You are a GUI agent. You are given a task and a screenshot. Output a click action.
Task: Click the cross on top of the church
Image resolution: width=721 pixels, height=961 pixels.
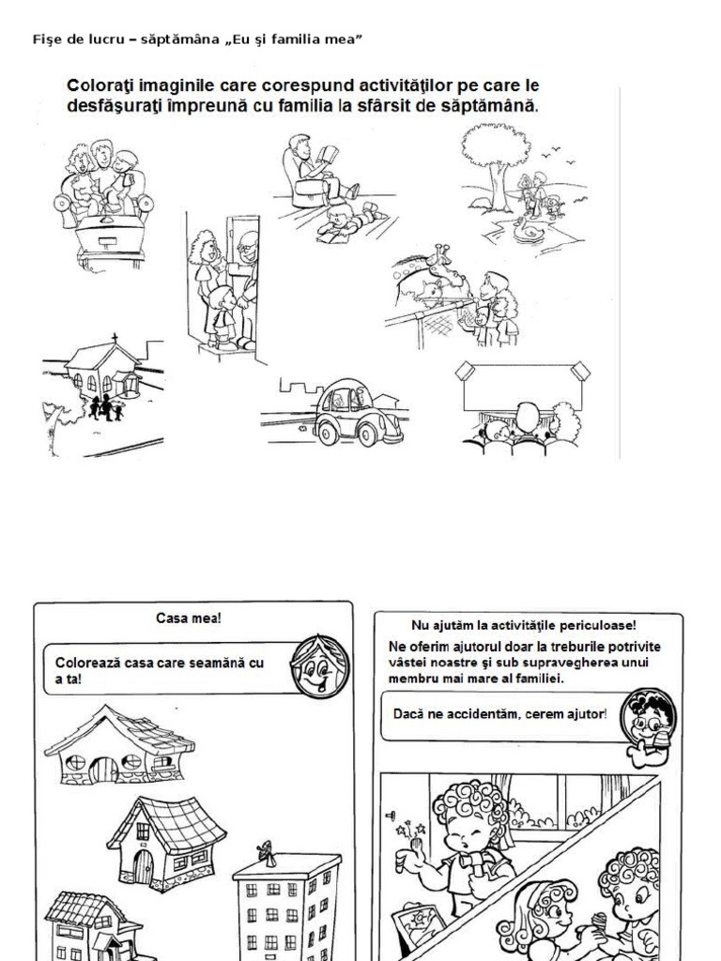pyautogui.click(x=115, y=339)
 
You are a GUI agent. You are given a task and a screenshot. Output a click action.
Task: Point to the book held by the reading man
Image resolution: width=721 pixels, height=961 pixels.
pyautogui.click(x=330, y=153)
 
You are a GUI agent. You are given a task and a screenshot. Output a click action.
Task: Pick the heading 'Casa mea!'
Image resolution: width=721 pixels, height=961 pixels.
pyautogui.click(x=188, y=618)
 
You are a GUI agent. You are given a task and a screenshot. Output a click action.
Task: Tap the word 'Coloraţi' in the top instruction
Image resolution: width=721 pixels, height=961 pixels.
pyautogui.click(x=100, y=85)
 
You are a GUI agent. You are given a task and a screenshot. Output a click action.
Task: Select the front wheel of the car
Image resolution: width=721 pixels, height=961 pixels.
pyautogui.click(x=368, y=434)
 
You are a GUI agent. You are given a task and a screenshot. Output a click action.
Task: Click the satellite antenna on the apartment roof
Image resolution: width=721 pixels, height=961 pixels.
pyautogui.click(x=267, y=854)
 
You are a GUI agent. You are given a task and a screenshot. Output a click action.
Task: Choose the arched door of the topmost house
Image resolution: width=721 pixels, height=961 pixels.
pyautogui.click(x=103, y=770)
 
